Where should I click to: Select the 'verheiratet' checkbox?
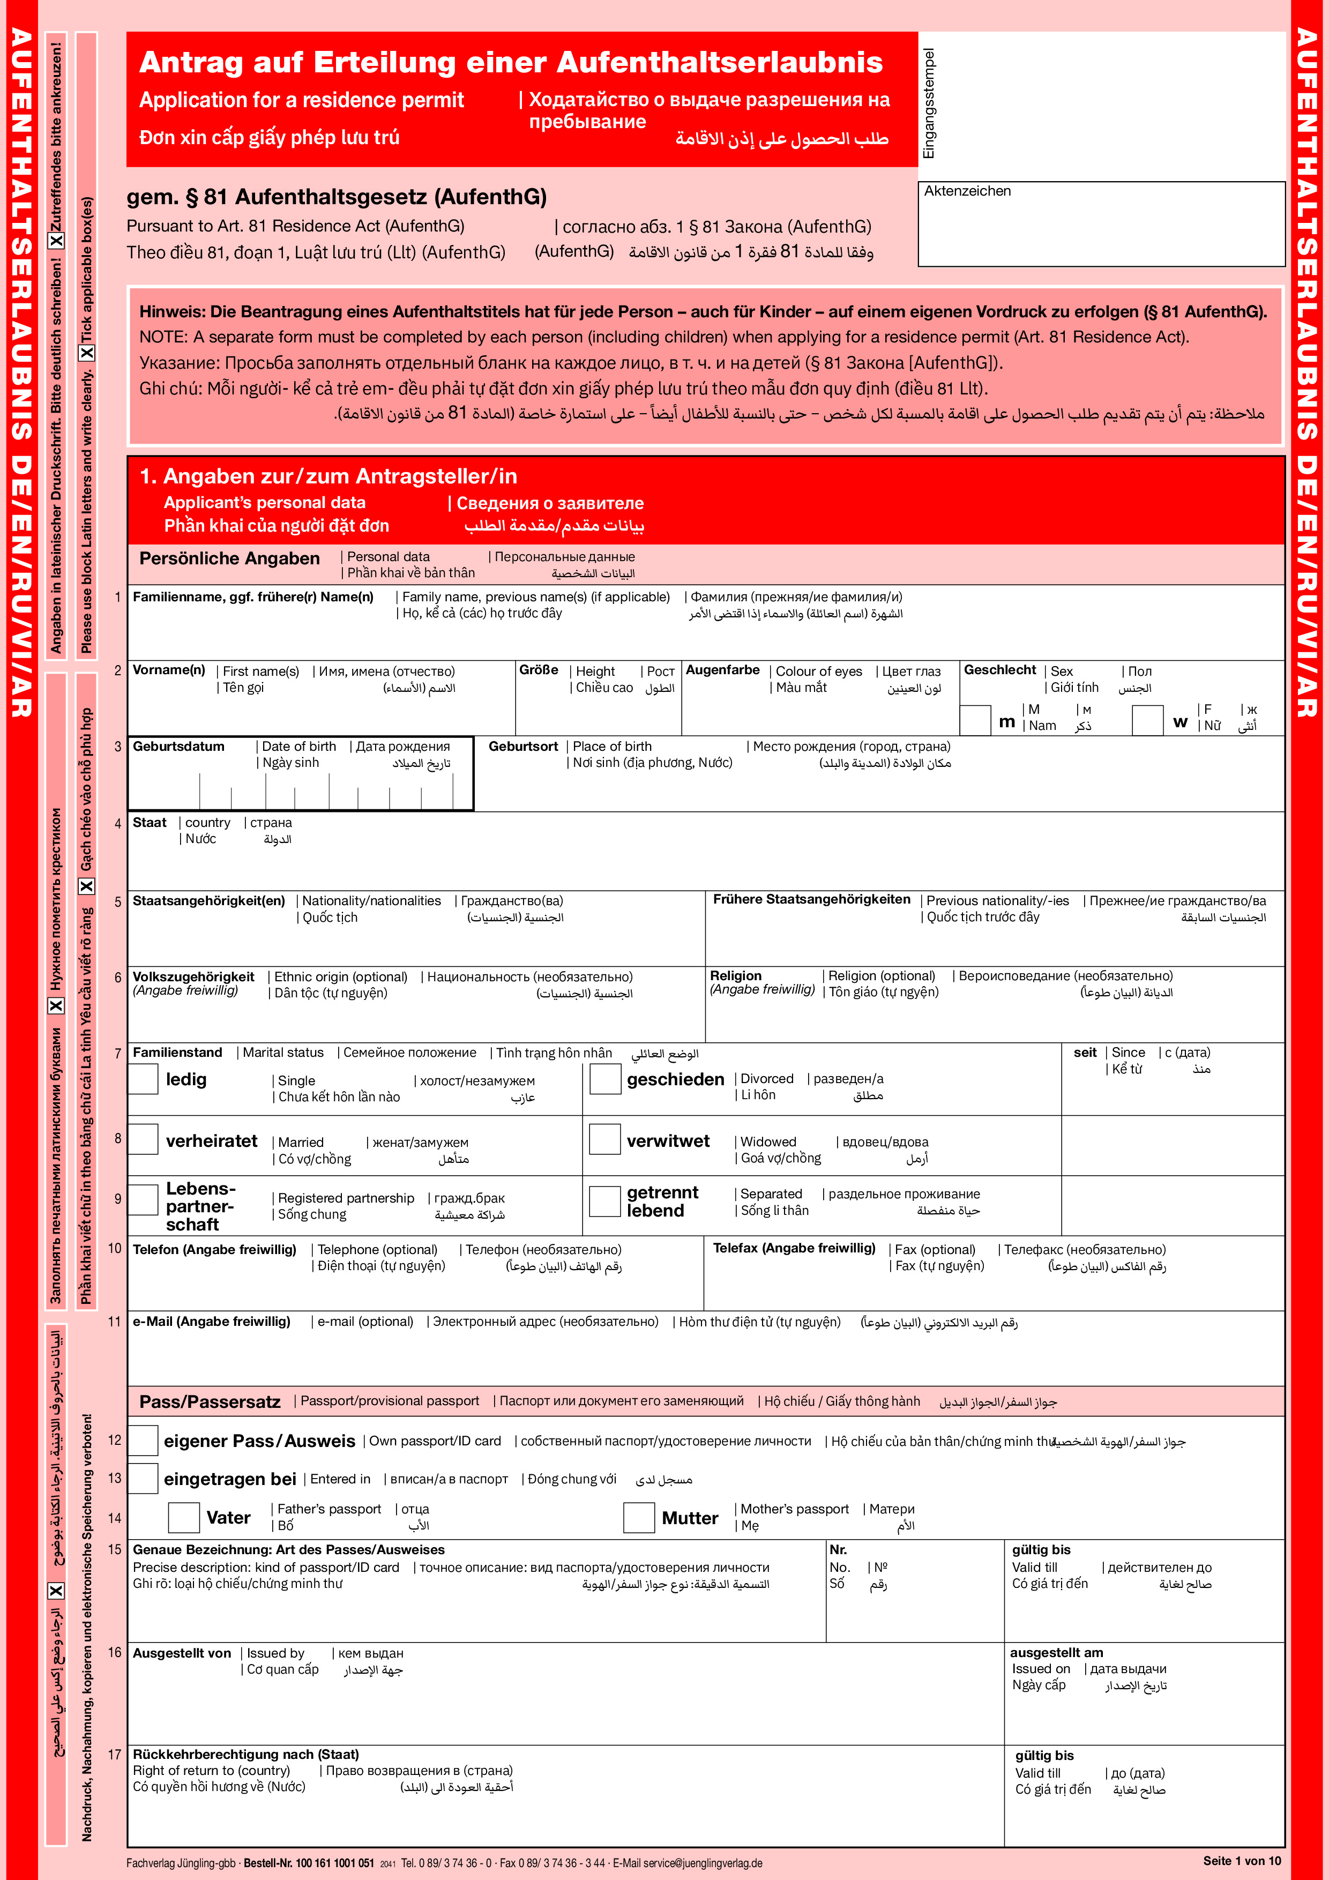coord(143,1139)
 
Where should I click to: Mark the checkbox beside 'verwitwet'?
coord(605,1139)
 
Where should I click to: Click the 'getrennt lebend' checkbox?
coord(605,1201)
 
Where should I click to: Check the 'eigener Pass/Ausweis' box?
coord(143,1441)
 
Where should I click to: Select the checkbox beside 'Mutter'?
coord(639,1517)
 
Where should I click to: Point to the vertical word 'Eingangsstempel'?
coord(929,103)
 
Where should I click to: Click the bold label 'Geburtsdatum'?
coord(178,747)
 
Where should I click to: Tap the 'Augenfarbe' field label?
coord(722,670)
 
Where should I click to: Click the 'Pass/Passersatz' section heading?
coord(210,1402)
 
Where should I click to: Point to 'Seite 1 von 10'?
coord(1242,1860)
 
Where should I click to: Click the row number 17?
coord(115,1755)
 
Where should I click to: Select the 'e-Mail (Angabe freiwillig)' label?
coord(211,1322)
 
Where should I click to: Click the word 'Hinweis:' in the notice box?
coord(172,312)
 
